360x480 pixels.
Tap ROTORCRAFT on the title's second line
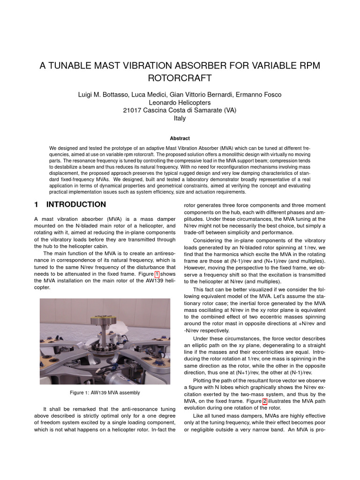coord(180,77)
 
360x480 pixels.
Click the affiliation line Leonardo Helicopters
coord(180,103)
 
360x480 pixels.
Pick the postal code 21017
coord(132,111)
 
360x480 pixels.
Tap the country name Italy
coord(180,119)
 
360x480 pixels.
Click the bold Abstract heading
coord(180,138)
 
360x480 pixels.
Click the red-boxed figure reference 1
coord(157,274)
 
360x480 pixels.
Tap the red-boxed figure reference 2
coord(265,401)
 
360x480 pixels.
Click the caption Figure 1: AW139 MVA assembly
coord(105,392)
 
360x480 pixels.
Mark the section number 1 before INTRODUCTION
coord(37,204)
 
